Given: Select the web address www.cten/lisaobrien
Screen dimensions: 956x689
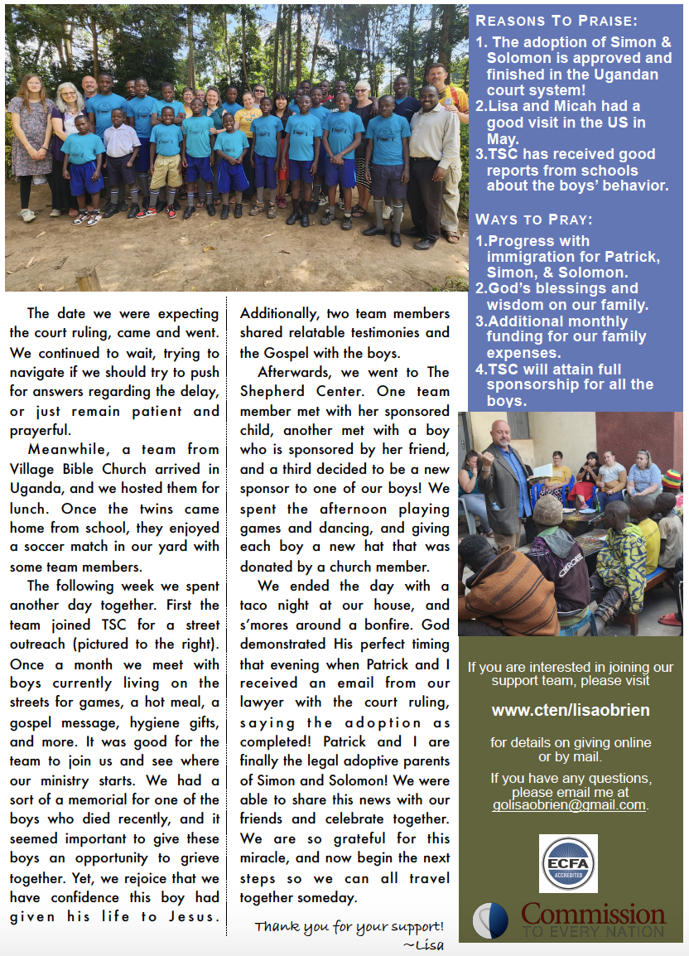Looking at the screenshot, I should pyautogui.click(x=571, y=710).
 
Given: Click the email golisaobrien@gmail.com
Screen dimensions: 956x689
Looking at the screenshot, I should pyautogui.click(x=569, y=805).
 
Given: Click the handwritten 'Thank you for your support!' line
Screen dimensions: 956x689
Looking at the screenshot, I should pyautogui.click(x=349, y=926).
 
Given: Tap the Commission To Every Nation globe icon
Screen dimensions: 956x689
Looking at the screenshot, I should pyautogui.click(x=490, y=920).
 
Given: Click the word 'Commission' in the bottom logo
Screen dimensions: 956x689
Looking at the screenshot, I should pyautogui.click(x=593, y=914).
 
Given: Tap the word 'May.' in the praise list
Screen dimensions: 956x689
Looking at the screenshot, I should pyautogui.click(x=503, y=138).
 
